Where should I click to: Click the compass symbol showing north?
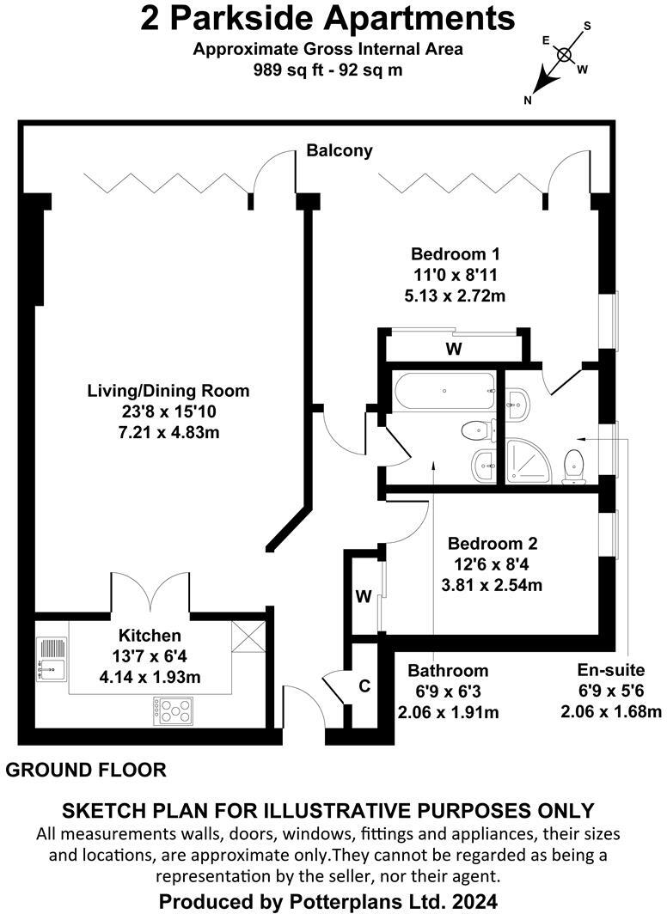564,56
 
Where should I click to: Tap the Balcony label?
340,151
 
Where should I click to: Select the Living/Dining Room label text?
168,391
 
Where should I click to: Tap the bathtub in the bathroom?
444,392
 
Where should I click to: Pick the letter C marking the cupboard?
364,686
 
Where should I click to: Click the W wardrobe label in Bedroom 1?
453,350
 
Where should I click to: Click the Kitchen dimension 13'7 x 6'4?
150,656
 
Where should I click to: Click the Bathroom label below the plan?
448,671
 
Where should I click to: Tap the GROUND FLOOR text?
86,770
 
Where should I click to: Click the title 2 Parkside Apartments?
328,19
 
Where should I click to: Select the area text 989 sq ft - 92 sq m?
328,70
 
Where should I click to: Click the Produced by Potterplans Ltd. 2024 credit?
328,901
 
